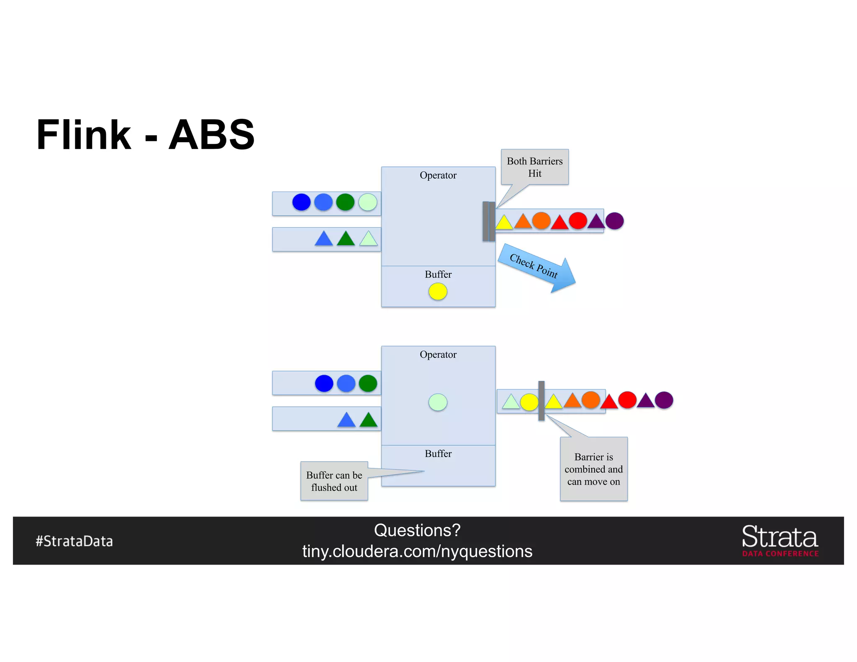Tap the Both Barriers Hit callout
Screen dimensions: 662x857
[x=535, y=167]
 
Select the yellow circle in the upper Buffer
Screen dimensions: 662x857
[x=438, y=292]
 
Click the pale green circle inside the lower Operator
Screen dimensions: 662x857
[x=438, y=402]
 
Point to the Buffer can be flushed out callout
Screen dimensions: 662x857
[x=334, y=481]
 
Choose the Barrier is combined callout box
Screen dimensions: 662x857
[x=593, y=469]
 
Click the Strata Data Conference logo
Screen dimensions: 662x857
[x=780, y=540]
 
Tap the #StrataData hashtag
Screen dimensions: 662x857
[x=74, y=541]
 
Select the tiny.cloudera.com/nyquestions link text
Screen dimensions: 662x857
[x=417, y=552]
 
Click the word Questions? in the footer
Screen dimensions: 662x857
[x=417, y=530]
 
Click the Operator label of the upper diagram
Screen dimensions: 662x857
[x=438, y=175]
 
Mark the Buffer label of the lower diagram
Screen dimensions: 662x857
[x=438, y=454]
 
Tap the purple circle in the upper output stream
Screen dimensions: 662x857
[x=614, y=221]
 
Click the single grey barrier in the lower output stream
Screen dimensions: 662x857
[x=541, y=400]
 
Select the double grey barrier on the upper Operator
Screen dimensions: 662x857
[x=489, y=221]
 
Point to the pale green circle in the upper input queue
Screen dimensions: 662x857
[x=368, y=202]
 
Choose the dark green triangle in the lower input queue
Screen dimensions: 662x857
[x=368, y=420]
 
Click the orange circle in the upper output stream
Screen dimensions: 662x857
[x=541, y=221]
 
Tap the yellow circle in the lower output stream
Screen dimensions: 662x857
[x=529, y=402]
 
